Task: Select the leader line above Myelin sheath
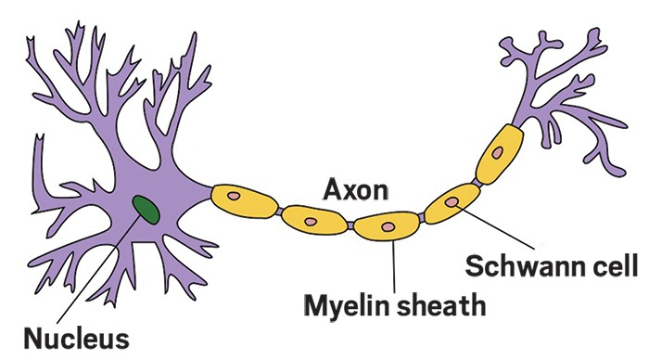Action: click(393, 265)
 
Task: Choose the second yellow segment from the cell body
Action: click(312, 220)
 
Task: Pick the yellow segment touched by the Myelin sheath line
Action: click(388, 226)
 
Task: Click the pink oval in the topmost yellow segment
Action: click(498, 151)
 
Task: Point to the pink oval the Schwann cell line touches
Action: click(452, 201)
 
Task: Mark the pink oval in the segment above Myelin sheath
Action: click(388, 225)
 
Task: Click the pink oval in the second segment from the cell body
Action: click(310, 222)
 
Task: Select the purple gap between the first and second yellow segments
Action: click(281, 211)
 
